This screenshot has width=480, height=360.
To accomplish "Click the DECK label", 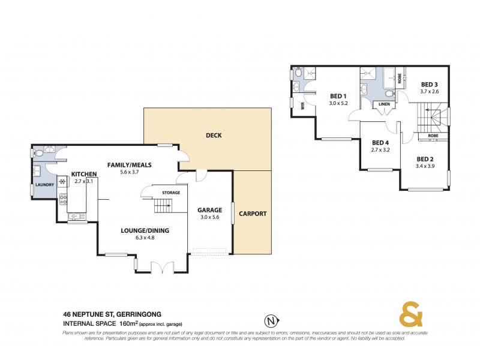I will tap(214, 136).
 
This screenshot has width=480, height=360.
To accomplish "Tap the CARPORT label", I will tap(253, 214).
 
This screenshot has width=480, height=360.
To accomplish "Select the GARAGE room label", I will tap(210, 210).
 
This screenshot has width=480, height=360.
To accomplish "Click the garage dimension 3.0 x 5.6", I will tap(210, 218).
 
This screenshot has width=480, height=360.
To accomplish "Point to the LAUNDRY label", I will tap(46, 185).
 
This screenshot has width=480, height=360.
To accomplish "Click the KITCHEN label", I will tap(84, 174).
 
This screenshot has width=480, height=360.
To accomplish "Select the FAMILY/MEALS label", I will tap(129, 164).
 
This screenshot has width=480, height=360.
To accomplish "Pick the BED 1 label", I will tap(338, 96).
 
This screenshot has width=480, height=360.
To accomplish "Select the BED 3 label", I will tap(429, 84).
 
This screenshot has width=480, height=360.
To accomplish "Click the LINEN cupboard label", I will tap(384, 104).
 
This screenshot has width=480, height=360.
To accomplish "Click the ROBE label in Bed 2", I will tap(433, 136).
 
